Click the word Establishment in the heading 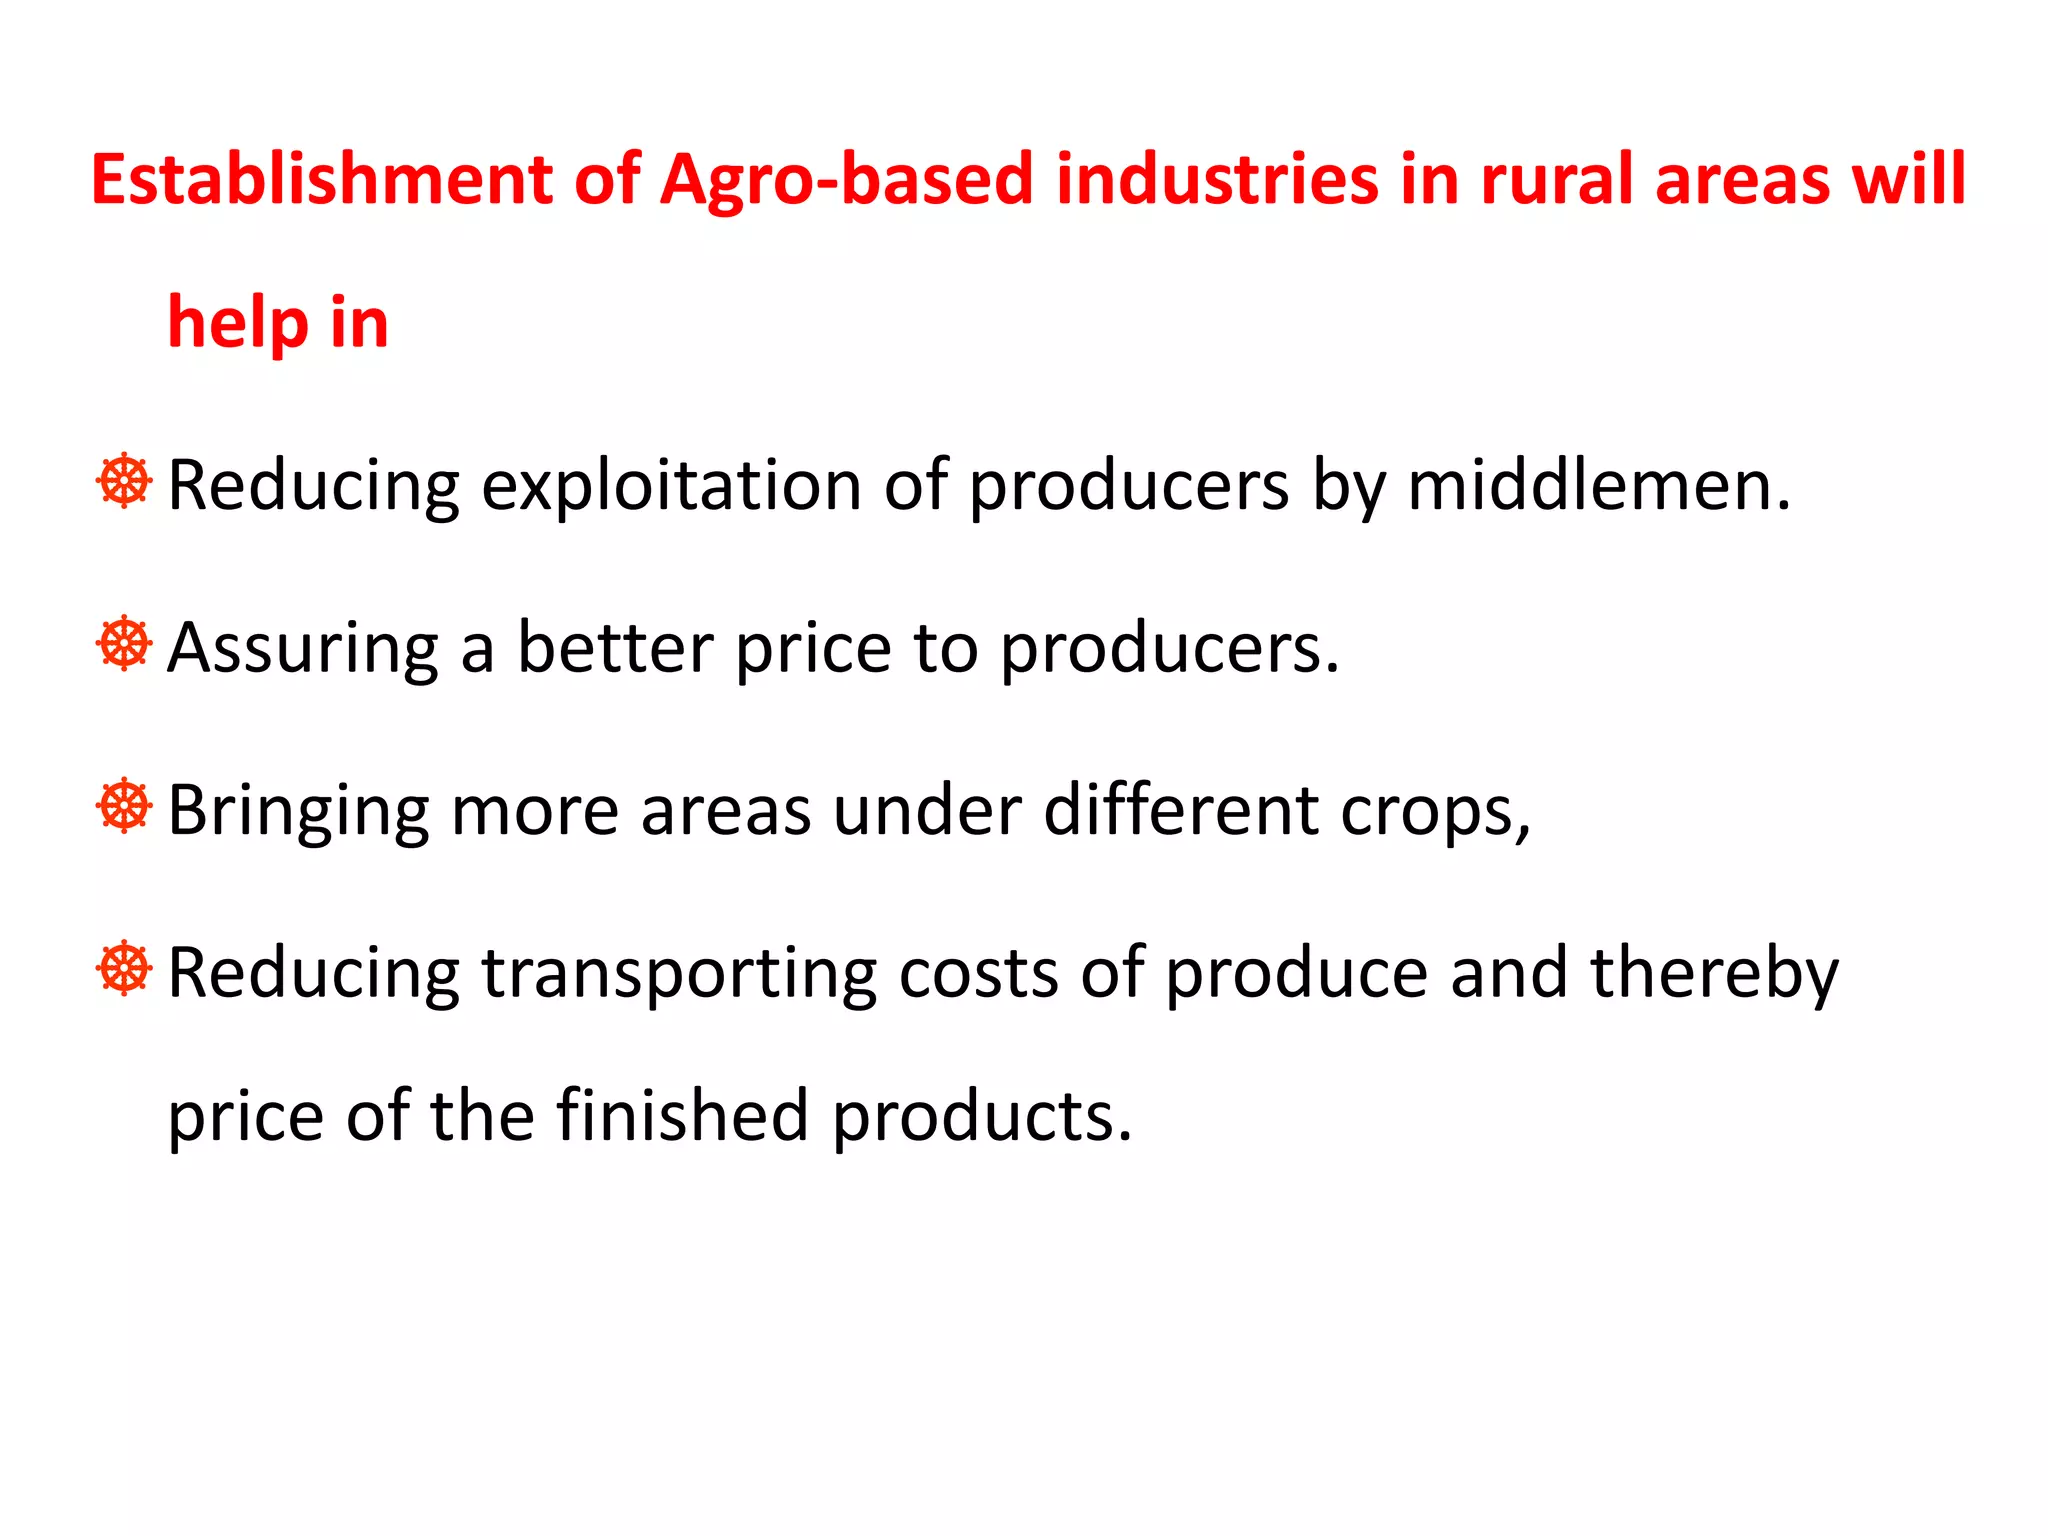(321, 180)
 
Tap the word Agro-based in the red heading (846, 180)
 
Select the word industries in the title (1216, 180)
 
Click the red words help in (278, 323)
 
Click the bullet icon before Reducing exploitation (124, 481)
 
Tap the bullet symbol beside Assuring (124, 643)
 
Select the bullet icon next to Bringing (124, 805)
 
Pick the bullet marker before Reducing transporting (124, 968)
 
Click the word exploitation (671, 486)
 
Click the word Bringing (298, 811)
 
